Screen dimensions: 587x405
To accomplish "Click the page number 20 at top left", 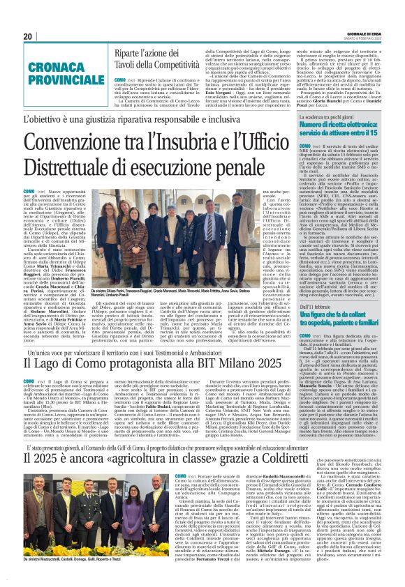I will point(28,36).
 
